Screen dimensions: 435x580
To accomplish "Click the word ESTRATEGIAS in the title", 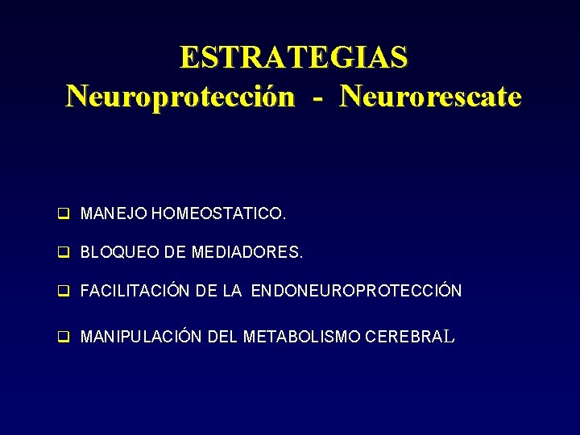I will tap(294, 58).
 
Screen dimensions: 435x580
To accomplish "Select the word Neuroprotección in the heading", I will tap(180, 97).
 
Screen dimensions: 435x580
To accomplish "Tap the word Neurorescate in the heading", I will tap(431, 97).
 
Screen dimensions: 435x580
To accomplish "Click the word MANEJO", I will tap(114, 214).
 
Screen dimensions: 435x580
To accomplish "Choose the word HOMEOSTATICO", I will tap(218, 214).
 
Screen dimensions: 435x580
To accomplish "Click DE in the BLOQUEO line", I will tap(175, 252).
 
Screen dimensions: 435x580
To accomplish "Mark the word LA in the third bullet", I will tap(232, 291).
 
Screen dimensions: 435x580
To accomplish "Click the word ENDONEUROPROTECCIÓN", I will tap(356, 291).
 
